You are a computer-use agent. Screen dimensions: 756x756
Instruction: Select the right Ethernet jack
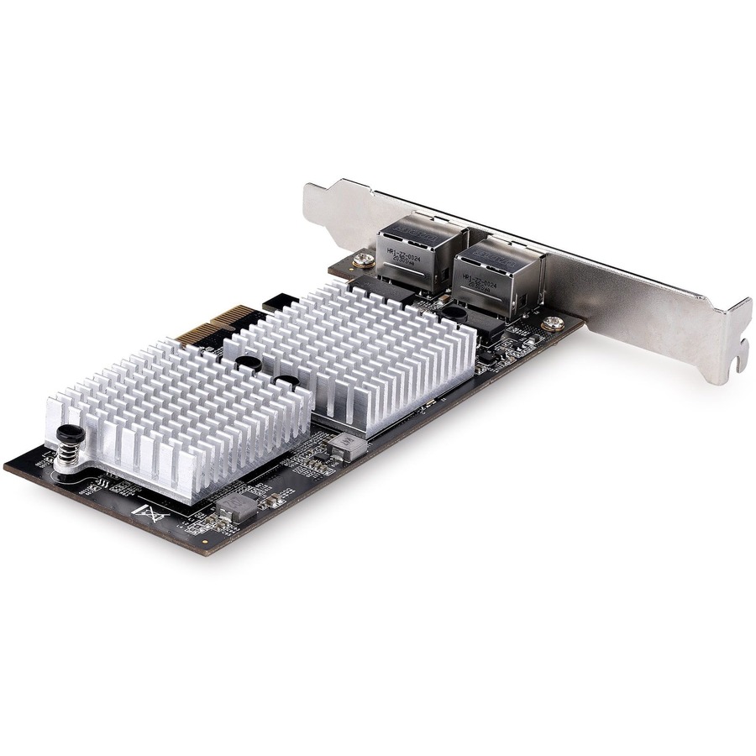click(x=496, y=277)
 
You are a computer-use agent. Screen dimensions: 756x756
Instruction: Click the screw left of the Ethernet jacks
click(x=364, y=260)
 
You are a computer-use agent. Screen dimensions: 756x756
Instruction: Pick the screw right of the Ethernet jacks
click(x=552, y=323)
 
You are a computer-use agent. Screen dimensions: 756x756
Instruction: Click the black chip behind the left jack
click(x=386, y=290)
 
